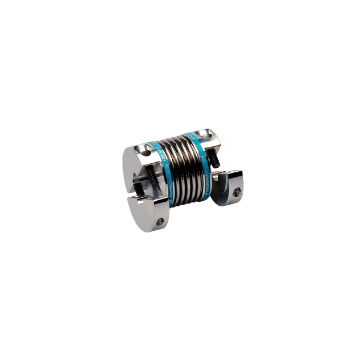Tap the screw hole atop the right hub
click(x=205, y=135)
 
